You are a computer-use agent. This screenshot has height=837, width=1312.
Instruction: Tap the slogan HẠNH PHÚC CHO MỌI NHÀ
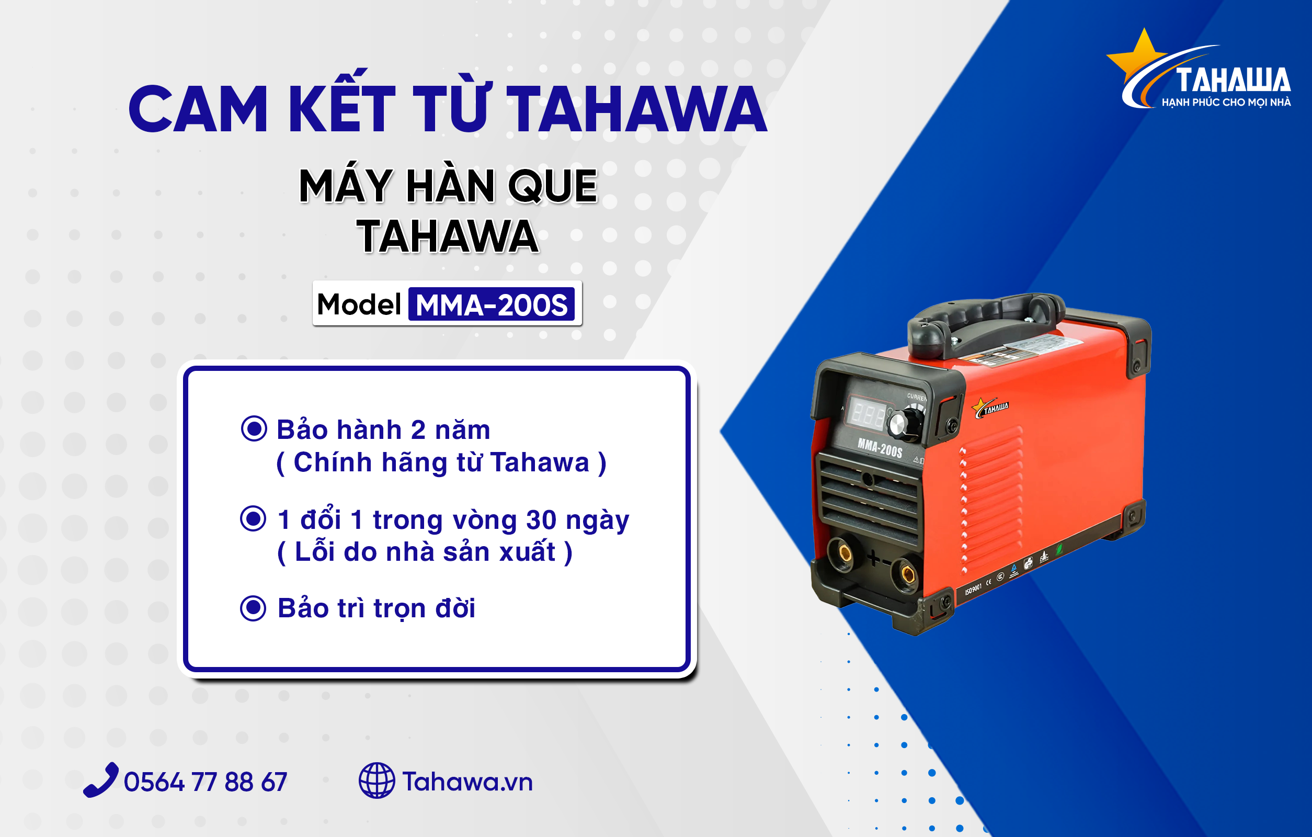[x=1226, y=103]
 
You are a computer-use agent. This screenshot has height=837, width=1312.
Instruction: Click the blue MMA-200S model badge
[x=492, y=304]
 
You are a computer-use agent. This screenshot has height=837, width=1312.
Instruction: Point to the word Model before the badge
[x=359, y=304]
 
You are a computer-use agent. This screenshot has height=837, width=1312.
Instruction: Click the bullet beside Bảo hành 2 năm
[x=254, y=429]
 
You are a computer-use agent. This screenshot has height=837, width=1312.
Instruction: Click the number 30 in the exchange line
[x=541, y=520]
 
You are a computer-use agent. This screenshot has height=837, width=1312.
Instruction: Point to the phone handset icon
[x=101, y=780]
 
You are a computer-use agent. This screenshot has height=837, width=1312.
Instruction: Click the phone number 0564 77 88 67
[x=206, y=782]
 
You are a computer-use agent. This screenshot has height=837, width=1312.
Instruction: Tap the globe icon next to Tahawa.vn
[x=377, y=781]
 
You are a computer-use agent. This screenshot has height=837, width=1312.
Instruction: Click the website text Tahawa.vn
[x=467, y=782]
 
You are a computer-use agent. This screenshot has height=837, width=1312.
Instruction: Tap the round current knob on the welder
[x=905, y=424]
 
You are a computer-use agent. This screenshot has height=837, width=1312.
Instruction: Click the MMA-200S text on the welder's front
[x=880, y=447]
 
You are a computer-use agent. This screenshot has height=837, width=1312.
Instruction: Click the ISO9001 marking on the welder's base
[x=973, y=589]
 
